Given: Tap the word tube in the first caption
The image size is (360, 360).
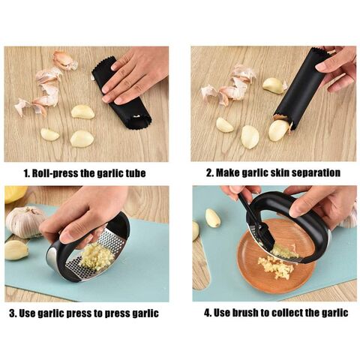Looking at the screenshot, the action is [x=136, y=173].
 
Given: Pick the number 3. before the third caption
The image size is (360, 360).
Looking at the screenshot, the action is [x=13, y=313].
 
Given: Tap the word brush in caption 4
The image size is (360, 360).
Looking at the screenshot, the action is [x=245, y=313].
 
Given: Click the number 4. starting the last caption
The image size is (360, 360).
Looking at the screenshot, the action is [x=208, y=313].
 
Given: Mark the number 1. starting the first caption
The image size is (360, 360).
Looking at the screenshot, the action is [x=26, y=173].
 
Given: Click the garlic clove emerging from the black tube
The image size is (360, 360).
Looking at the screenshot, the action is [x=279, y=130].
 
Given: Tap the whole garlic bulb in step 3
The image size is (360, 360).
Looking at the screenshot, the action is [x=25, y=222].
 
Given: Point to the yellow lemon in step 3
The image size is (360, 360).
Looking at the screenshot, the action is [x=14, y=194].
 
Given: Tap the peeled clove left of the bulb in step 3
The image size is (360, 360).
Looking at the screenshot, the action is [x=16, y=250].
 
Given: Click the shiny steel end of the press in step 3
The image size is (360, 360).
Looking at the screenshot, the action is [x=52, y=259].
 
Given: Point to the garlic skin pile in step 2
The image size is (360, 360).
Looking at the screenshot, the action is [x=229, y=84].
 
